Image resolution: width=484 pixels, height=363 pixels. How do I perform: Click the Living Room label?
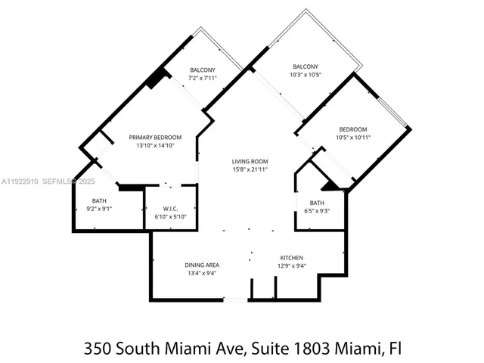pyautogui.click(x=250, y=161)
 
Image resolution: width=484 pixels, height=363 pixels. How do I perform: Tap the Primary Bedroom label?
pyautogui.click(x=155, y=137)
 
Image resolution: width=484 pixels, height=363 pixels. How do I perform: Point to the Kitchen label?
pyautogui.click(x=291, y=257)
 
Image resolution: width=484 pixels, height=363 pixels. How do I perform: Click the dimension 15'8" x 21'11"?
pyautogui.click(x=250, y=170)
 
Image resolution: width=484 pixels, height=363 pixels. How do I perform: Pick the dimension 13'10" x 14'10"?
pyautogui.click(x=155, y=146)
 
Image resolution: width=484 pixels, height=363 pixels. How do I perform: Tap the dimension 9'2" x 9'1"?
pyautogui.click(x=100, y=209)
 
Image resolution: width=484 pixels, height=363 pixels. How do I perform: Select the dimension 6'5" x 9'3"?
pyautogui.click(x=316, y=211)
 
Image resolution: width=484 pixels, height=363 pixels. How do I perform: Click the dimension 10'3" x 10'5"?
pyautogui.click(x=306, y=75)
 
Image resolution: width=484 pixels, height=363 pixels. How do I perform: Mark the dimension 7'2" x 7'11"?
pyautogui.click(x=202, y=78)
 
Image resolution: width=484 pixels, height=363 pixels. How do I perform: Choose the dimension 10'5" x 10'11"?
pyautogui.click(x=352, y=138)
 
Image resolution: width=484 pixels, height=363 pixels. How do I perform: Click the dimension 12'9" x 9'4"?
pyautogui.click(x=291, y=265)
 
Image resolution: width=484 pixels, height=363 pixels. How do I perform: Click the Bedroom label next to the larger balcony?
pyautogui.click(x=352, y=129)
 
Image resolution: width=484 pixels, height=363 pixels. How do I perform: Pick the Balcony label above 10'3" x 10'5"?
pyautogui.click(x=306, y=67)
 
